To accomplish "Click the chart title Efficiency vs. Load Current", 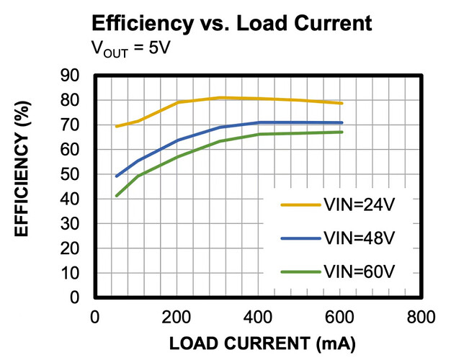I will [x=231, y=24].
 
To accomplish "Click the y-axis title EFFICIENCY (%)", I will [x=22, y=185].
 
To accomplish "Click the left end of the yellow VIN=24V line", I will [x=117, y=126].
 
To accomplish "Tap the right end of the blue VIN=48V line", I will [x=342, y=122].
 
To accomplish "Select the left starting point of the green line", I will [x=117, y=196].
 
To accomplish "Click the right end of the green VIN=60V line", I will [x=342, y=132].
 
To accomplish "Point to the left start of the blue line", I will [x=117, y=176].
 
